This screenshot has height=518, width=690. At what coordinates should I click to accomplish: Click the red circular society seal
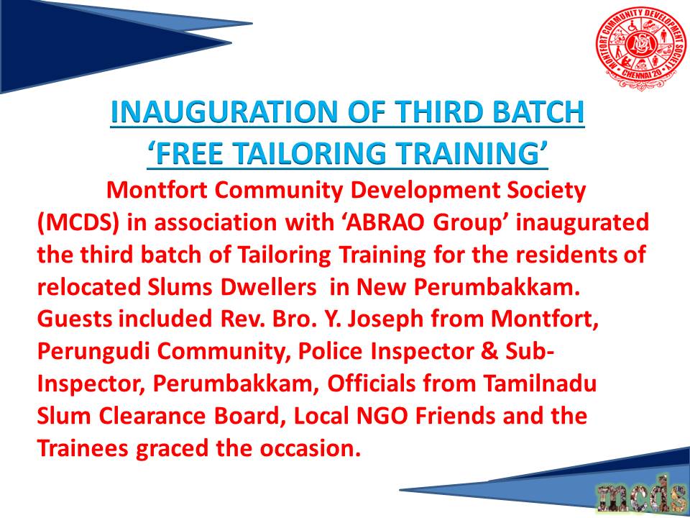point(640,48)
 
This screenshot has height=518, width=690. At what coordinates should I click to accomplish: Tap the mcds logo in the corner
point(642,494)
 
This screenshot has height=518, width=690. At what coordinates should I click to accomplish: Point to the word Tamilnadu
point(540,383)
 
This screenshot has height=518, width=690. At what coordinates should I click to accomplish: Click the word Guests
point(74,319)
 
